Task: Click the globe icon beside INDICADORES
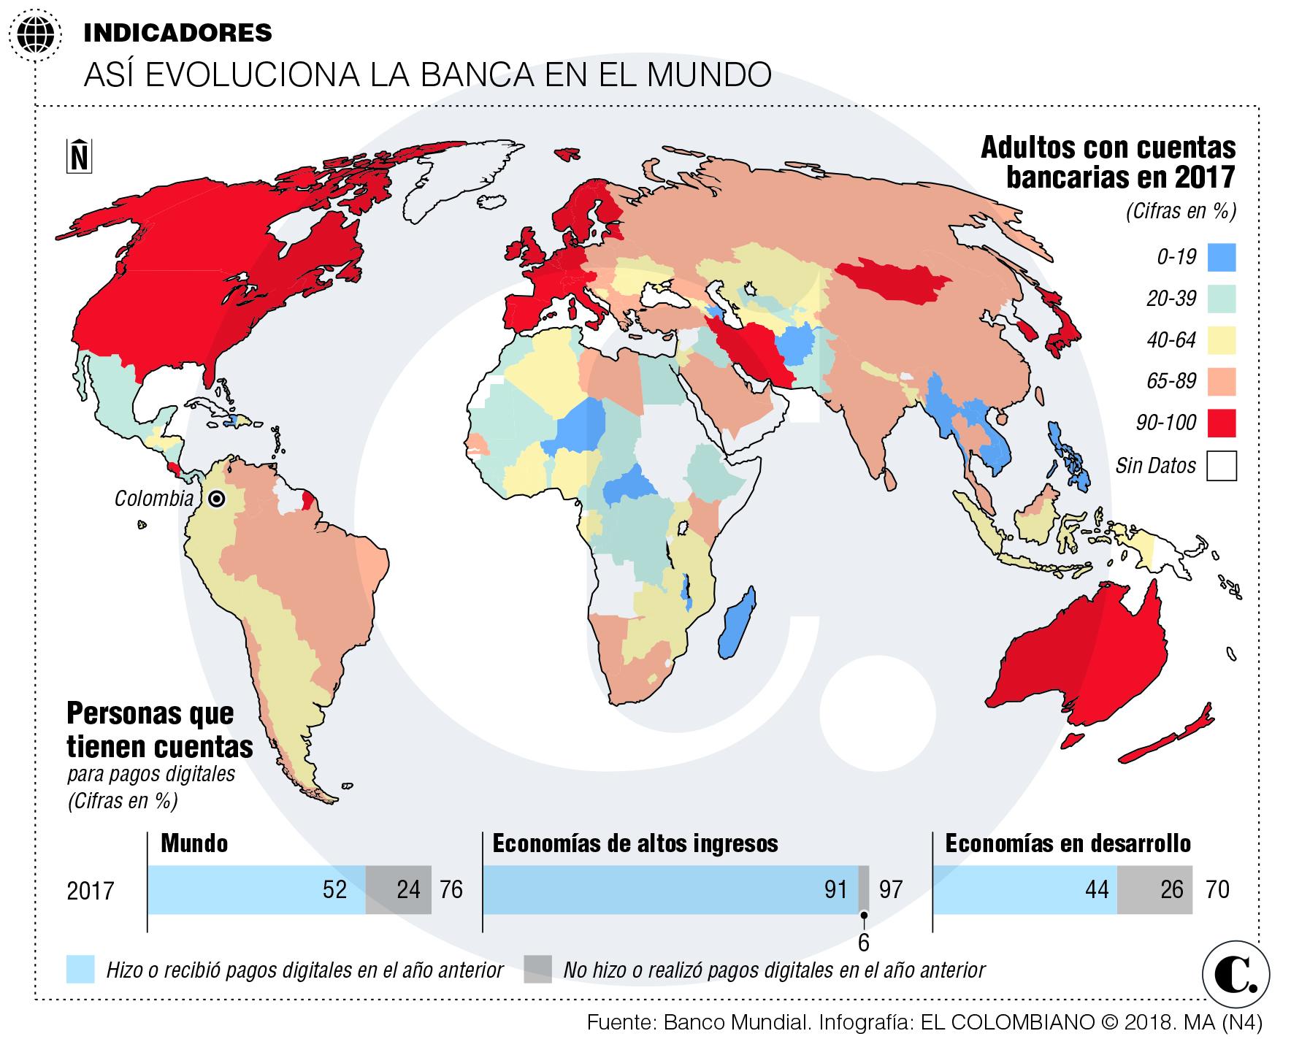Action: pyautogui.click(x=34, y=34)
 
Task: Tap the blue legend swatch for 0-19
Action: pyautogui.click(x=1221, y=257)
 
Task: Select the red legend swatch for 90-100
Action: pyautogui.click(x=1221, y=423)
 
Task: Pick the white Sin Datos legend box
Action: pyautogui.click(x=1221, y=465)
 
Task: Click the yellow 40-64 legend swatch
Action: pyautogui.click(x=1221, y=340)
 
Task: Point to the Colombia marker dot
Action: pyautogui.click(x=215, y=499)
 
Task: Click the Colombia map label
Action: pyautogui.click(x=153, y=499)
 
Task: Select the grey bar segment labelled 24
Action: pyautogui.click(x=398, y=889)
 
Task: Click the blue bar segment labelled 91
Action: pyautogui.click(x=670, y=889)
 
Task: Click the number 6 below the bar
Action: pyautogui.click(x=863, y=943)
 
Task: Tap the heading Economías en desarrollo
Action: pyautogui.click(x=1068, y=844)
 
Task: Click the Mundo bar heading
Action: pyautogui.click(x=194, y=844)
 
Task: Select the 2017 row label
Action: pyautogui.click(x=91, y=891)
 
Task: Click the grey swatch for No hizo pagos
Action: pyautogui.click(x=537, y=970)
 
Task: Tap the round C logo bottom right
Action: pyautogui.click(x=1236, y=973)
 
